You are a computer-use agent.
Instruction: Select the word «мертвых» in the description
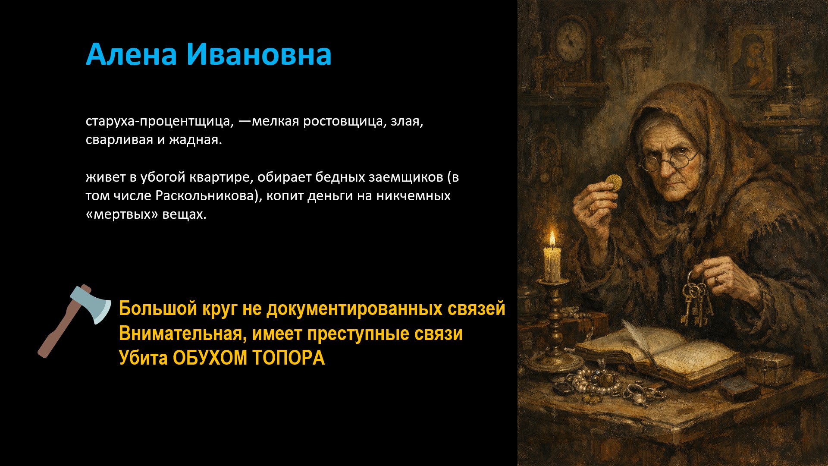tap(122, 214)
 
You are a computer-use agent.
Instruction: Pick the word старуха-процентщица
tap(160, 122)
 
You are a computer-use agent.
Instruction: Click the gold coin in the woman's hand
tap(613, 183)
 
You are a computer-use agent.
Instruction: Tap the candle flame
tap(552, 239)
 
